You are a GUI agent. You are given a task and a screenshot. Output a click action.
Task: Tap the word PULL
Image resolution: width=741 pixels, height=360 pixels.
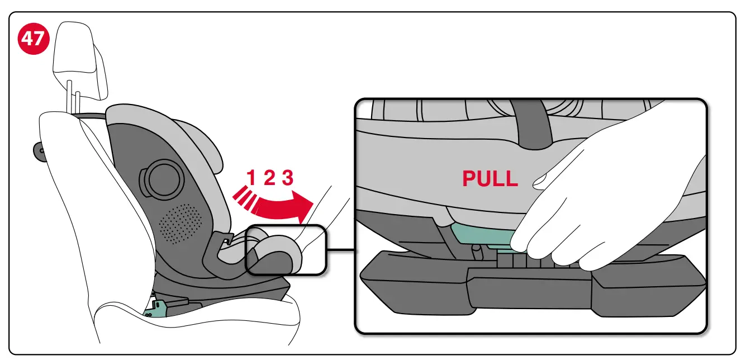490,178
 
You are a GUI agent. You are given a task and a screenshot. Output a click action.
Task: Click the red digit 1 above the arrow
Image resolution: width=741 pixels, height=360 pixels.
251,178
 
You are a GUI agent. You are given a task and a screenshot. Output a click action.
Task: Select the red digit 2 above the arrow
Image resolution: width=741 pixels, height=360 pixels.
269,178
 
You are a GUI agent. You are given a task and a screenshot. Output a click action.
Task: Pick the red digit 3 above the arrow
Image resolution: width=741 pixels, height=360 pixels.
287,178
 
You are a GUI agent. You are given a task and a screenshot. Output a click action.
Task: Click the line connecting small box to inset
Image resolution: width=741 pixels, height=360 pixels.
340,249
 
